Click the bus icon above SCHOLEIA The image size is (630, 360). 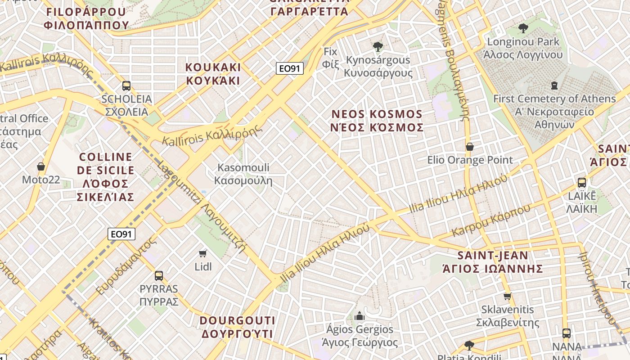(x=126, y=86)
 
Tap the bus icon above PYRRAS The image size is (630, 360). (x=159, y=276)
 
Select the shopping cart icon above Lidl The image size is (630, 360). (x=203, y=254)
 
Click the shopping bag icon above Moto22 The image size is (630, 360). (x=41, y=167)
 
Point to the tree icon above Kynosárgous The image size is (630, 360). (x=378, y=46)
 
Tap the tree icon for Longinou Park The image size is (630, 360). (x=523, y=29)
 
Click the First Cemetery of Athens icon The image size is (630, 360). (x=554, y=85)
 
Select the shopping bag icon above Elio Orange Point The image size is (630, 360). (x=470, y=147)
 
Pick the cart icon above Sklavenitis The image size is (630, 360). (x=508, y=296)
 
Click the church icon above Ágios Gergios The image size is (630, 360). (x=359, y=316)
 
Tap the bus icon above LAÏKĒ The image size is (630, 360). (x=582, y=183)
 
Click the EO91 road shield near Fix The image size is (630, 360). (x=290, y=69)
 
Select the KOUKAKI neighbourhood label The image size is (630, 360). (x=213, y=74)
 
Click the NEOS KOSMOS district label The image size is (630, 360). (x=377, y=121)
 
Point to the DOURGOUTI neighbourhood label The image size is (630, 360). (x=237, y=327)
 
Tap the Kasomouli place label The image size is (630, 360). (x=243, y=174)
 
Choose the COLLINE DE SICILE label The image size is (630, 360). (x=106, y=177)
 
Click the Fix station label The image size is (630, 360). (x=330, y=58)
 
